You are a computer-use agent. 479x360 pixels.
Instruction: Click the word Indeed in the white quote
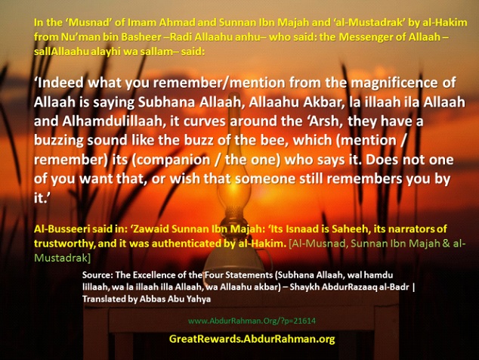click(60, 82)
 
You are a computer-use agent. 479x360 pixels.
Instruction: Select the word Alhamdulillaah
click(113, 121)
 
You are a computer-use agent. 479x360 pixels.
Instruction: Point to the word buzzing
click(58, 141)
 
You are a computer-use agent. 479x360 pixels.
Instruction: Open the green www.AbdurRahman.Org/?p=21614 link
click(252, 321)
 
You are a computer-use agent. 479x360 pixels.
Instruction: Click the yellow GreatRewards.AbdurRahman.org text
click(252, 339)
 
